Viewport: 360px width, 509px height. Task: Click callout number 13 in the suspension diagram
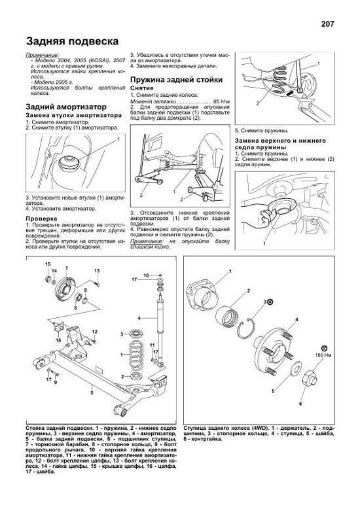click(x=96, y=270)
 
